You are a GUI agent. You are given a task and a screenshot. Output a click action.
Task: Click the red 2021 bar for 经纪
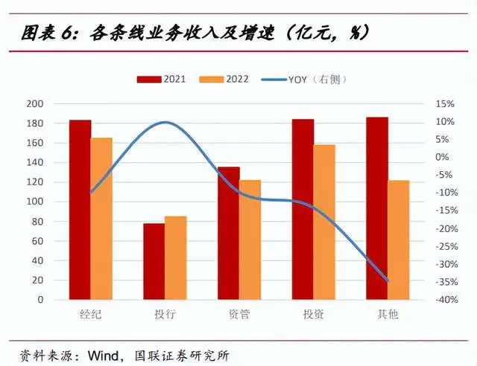click(80, 210)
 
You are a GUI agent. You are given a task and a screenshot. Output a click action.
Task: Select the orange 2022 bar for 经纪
click(101, 219)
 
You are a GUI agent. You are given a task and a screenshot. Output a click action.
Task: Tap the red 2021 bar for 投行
click(154, 261)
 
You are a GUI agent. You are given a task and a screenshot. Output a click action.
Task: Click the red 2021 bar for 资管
click(228, 234)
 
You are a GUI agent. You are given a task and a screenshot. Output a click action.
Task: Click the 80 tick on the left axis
click(37, 221)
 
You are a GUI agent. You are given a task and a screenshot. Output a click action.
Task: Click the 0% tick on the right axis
click(444, 157)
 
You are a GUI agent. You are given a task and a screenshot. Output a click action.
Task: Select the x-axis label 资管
click(239, 315)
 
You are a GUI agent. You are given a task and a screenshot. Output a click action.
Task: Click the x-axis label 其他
click(388, 315)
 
